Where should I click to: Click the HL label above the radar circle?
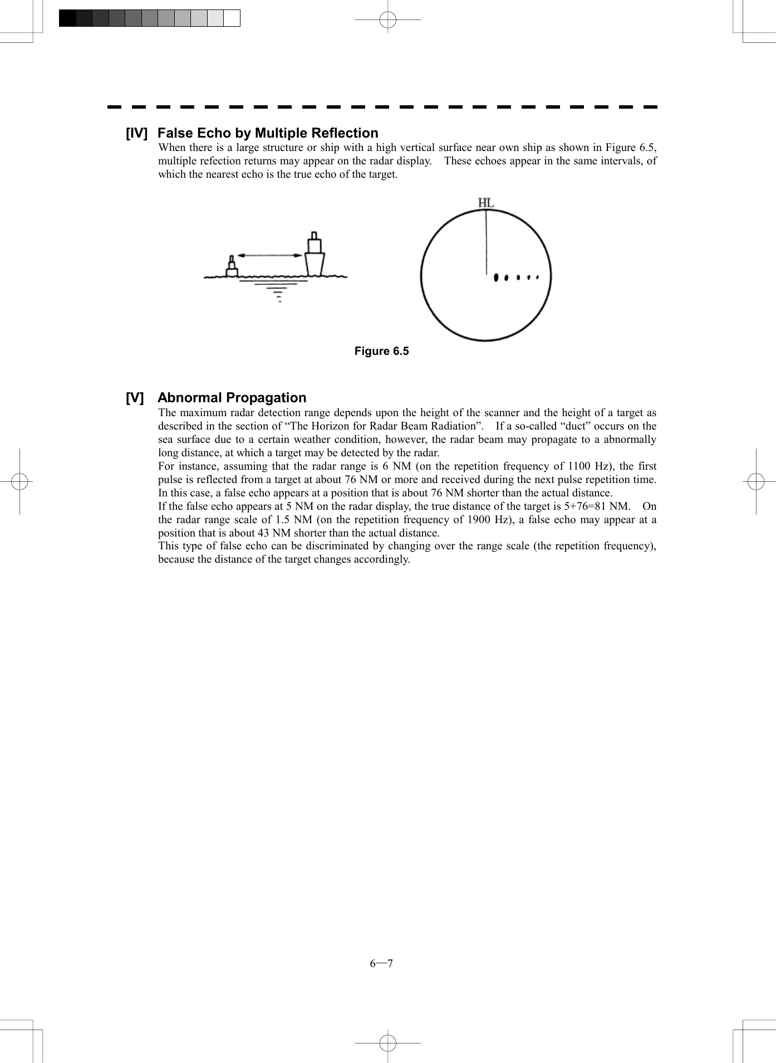(486, 203)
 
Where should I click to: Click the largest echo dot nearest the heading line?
(496, 277)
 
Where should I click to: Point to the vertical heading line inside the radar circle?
(486, 242)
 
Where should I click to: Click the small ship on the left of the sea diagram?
(232, 268)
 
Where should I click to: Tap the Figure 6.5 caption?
(381, 351)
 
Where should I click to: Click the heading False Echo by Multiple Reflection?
(268, 133)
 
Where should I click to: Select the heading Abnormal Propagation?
(232, 398)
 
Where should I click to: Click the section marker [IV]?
(136, 133)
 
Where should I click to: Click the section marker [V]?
(134, 398)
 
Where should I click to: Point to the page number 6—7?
(381, 964)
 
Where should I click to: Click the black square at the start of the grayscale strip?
(67, 18)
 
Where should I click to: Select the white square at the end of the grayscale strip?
(232, 18)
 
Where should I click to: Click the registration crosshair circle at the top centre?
(387, 20)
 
